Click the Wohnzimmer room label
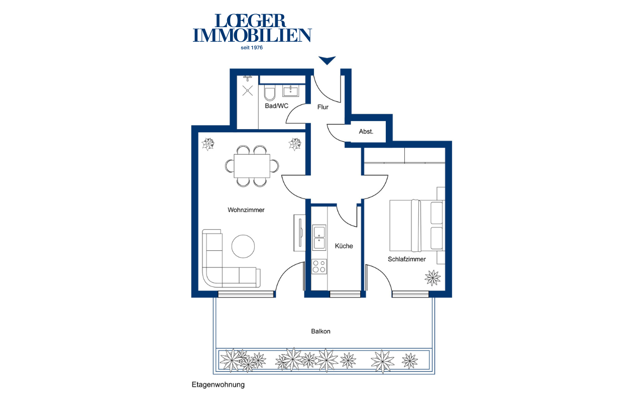click(246, 210)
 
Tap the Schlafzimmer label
click(407, 259)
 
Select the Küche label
click(344, 246)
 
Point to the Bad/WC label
click(276, 106)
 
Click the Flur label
click(323, 107)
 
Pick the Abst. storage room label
click(366, 132)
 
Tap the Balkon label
click(320, 331)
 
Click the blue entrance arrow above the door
click(327, 60)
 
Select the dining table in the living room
click(252, 166)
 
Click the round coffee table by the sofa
click(243, 246)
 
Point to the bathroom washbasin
click(291, 91)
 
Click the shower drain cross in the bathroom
click(248, 91)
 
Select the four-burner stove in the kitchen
click(319, 266)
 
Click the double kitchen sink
click(319, 238)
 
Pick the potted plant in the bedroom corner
click(433, 278)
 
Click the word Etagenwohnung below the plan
click(218, 385)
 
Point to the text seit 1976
click(252, 48)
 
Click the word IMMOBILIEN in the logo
click(252, 35)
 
